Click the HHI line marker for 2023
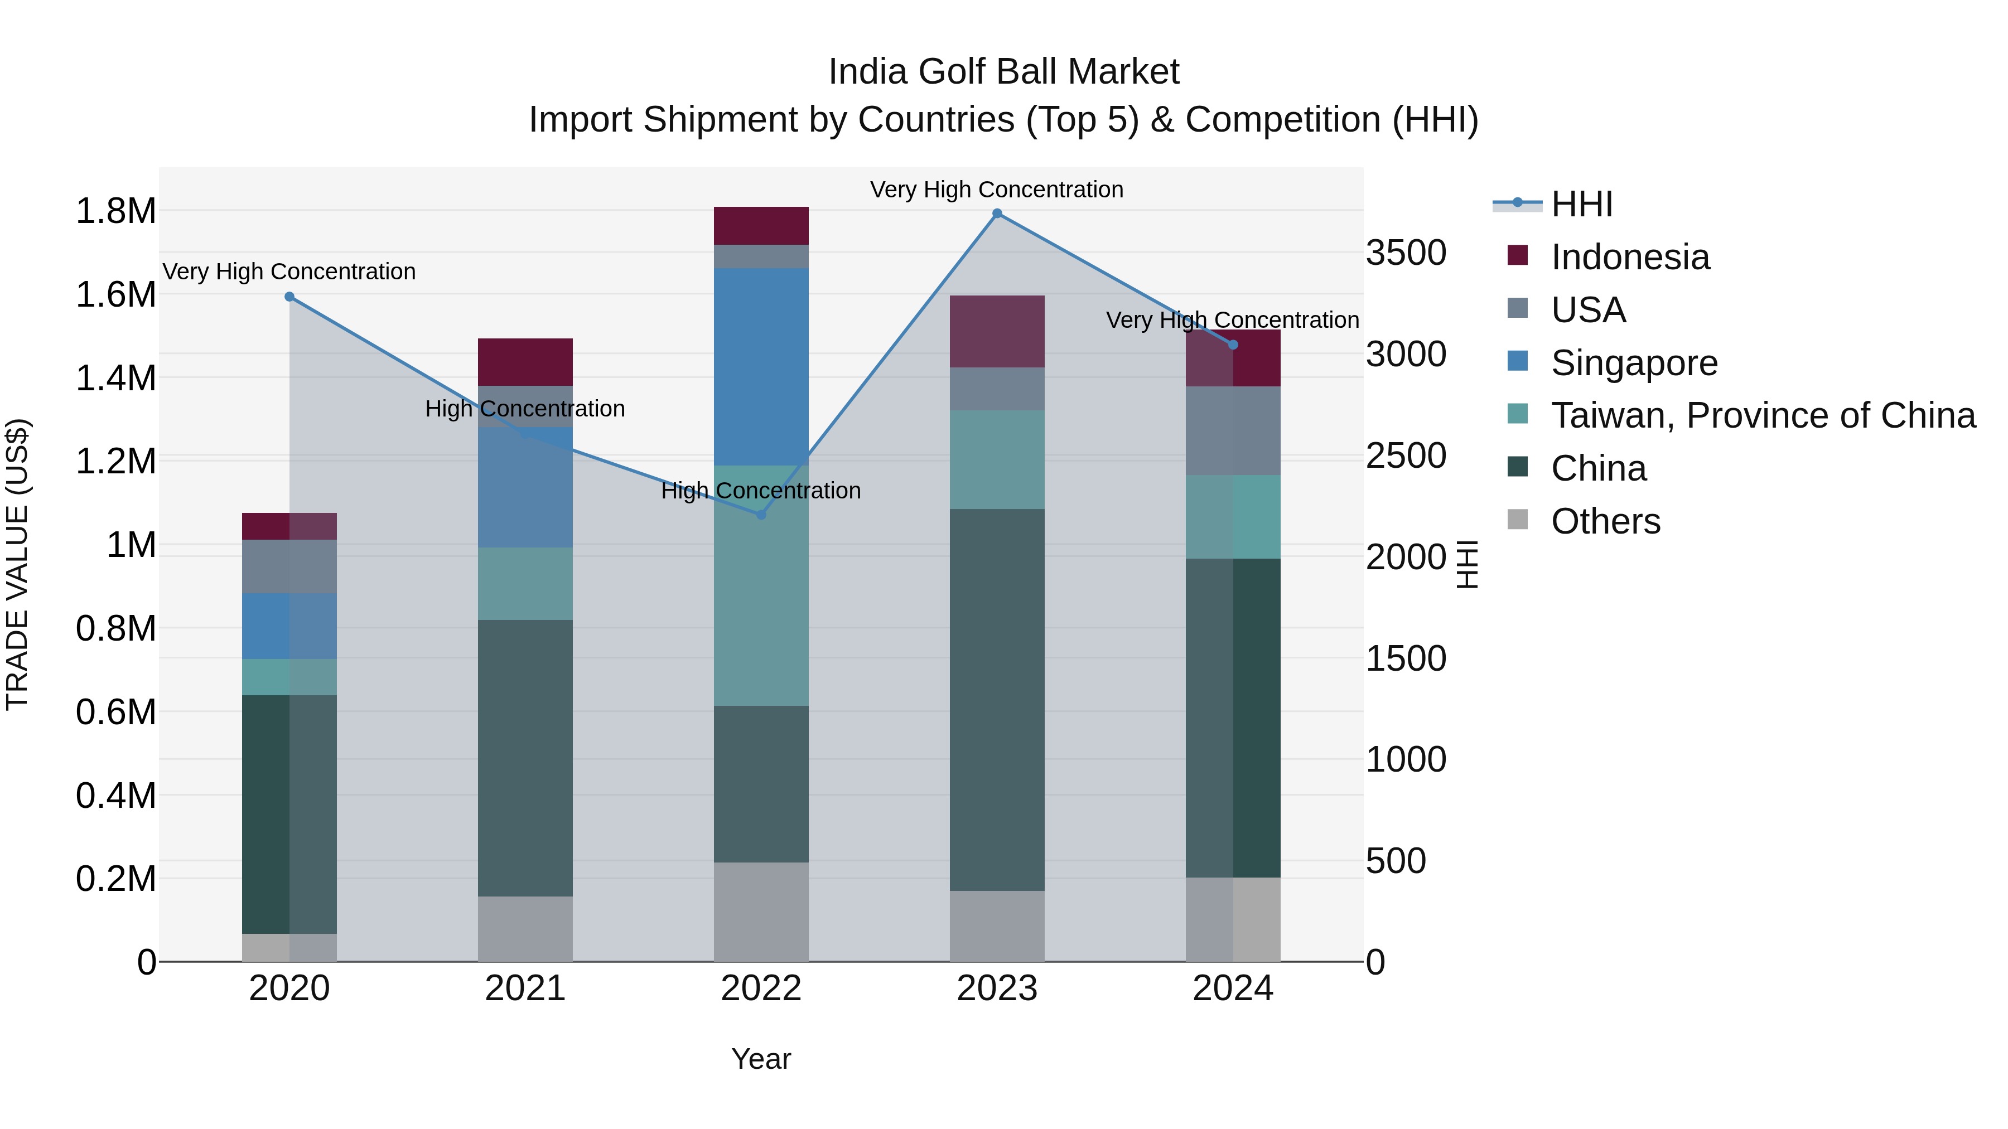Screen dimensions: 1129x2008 pyautogui.click(x=997, y=214)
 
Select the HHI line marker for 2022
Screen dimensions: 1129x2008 pyautogui.click(x=761, y=515)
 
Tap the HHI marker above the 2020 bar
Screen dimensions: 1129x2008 pyautogui.click(x=289, y=297)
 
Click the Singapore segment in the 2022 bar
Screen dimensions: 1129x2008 pyautogui.click(x=761, y=366)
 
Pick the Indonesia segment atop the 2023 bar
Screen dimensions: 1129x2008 pyautogui.click(x=997, y=331)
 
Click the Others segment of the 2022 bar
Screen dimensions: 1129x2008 pyautogui.click(x=761, y=912)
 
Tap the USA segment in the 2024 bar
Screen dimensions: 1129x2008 pyautogui.click(x=1233, y=431)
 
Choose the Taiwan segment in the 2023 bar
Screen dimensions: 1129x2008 pyautogui.click(x=997, y=460)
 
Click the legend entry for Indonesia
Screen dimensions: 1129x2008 pyautogui.click(x=1630, y=257)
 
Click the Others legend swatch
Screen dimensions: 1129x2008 pyautogui.click(x=1518, y=520)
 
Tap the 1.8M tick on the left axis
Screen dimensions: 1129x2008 pyautogui.click(x=115, y=211)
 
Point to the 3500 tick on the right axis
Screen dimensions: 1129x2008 pyautogui.click(x=1406, y=253)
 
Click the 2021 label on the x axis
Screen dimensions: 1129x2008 pyautogui.click(x=525, y=989)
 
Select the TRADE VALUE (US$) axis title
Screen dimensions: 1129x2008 pyautogui.click(x=17, y=564)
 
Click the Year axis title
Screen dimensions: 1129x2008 pyautogui.click(x=761, y=1059)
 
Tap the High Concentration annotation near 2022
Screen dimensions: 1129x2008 pyautogui.click(x=761, y=491)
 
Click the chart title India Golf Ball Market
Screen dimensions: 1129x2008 pyautogui.click(x=1003, y=72)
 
